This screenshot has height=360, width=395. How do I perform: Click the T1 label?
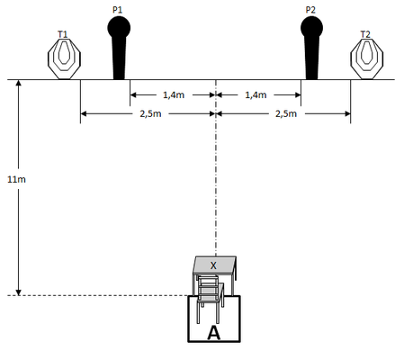[62, 34]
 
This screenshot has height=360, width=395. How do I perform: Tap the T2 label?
[365, 34]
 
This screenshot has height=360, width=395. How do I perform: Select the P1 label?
[117, 10]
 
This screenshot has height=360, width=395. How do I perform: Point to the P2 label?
[310, 10]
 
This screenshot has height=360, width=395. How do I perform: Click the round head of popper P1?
[119, 28]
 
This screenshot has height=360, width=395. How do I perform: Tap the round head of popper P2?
[311, 28]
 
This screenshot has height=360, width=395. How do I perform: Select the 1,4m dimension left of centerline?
[174, 95]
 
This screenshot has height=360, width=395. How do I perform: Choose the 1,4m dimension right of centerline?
[256, 95]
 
